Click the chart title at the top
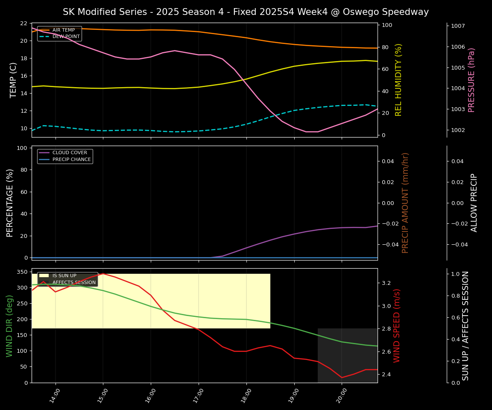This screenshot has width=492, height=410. tap(246, 12)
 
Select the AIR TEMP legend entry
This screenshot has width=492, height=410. tap(63, 30)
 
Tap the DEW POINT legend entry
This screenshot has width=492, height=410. tap(66, 37)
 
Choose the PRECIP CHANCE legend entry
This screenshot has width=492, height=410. tap(71, 160)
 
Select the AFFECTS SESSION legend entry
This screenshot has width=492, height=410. tap(74, 283)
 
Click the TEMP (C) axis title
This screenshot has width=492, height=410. tap(14, 80)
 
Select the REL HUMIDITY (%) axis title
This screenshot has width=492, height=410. tap(399, 80)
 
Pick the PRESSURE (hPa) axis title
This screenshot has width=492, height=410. tap(471, 80)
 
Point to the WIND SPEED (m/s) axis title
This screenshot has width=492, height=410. tap(397, 325)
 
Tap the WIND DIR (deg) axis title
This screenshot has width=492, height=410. tap(9, 325)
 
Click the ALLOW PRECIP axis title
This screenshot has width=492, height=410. tap(474, 203)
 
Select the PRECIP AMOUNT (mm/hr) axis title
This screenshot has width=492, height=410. tap(406, 203)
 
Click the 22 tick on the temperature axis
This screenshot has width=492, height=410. tap(23, 23)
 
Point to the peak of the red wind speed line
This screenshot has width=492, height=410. tap(103, 273)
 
